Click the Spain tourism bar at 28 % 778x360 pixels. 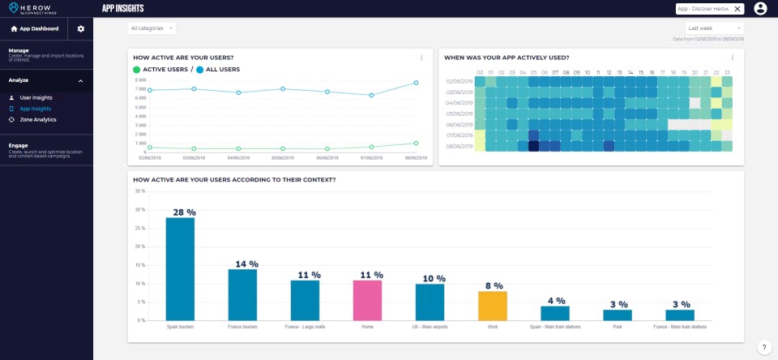[180, 269]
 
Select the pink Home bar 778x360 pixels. [367, 300]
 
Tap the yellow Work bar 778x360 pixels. [492, 306]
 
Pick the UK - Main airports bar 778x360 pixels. [430, 302]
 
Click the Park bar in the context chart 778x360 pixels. [617, 315]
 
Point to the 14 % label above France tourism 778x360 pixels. [242, 264]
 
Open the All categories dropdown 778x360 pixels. [152, 28]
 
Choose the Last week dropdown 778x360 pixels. [714, 28]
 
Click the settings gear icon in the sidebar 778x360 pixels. [80, 28]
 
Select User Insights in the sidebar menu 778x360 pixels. [36, 97]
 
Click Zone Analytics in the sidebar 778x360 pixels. [38, 119]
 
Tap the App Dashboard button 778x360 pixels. [34, 28]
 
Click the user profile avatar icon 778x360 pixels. [760, 8]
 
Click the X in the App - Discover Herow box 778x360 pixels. [737, 8]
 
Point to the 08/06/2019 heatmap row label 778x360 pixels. [459, 146]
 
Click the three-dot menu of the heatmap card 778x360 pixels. [732, 58]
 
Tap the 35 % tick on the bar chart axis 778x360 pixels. [139, 191]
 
